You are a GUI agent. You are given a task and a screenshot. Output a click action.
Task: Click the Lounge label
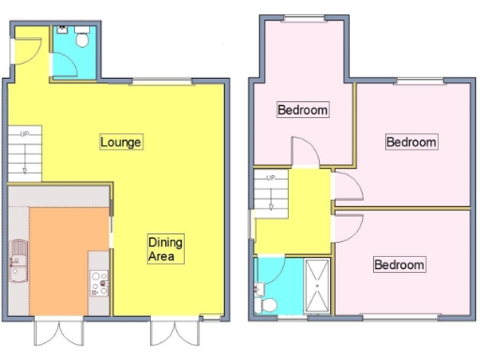coord(121,142)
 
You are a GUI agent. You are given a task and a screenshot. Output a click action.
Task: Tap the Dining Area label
coord(166,248)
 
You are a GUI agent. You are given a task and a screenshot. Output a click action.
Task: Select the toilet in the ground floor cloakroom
coord(82,38)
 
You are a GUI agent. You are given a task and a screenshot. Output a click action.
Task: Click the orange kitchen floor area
coord(59,258)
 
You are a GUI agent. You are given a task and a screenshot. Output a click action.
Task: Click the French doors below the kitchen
coord(56,333)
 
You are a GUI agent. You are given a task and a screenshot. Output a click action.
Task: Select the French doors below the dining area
coord(174,333)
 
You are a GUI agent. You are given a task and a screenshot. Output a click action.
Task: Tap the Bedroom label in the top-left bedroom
coord(303,111)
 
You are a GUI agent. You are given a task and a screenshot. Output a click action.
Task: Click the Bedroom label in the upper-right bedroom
coord(412,142)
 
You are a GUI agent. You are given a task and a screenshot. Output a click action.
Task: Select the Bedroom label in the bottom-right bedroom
coord(398,264)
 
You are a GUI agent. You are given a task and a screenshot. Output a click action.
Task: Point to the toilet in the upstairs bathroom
coord(265,304)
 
